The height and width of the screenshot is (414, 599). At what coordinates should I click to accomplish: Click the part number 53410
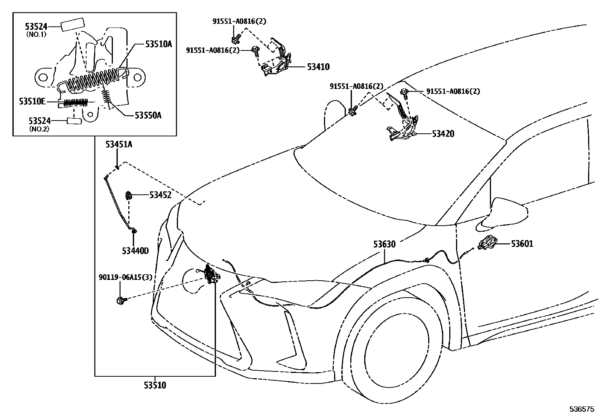point(318,67)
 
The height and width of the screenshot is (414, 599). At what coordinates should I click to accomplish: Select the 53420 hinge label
point(443,134)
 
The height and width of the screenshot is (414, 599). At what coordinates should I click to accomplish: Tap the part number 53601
point(522,244)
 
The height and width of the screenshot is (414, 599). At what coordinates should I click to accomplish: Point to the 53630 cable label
point(384,244)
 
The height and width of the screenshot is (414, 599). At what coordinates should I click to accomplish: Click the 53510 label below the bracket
point(155,385)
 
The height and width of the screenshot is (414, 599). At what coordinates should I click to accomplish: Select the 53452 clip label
point(160,195)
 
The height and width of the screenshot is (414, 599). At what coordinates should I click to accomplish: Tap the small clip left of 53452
point(128,195)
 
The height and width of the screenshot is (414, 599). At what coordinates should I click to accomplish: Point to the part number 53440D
point(135,251)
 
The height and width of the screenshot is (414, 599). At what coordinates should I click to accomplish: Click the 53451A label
point(119,144)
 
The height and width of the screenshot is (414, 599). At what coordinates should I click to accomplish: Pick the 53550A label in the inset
point(148,116)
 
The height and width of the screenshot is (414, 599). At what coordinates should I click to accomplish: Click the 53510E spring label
point(32,101)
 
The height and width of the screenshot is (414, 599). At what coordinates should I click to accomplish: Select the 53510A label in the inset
point(158,44)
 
